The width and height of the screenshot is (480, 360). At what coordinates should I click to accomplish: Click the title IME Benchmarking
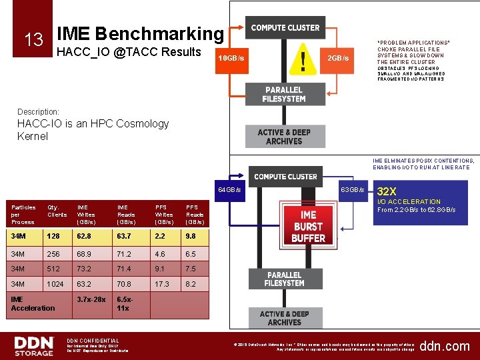141,33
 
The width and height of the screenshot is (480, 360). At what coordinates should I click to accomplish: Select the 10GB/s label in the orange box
231,59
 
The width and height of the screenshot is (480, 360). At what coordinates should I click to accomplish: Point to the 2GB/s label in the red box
338,59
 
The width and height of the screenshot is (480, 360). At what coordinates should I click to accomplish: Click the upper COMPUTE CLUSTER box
285,28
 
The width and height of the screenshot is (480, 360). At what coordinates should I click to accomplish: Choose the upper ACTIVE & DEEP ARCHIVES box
284,137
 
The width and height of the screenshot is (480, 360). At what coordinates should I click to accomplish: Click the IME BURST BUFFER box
308,226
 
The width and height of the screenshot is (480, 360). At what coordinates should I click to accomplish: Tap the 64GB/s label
230,191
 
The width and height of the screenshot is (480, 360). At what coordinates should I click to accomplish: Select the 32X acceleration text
387,191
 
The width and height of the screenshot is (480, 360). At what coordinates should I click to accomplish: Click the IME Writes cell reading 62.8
84,235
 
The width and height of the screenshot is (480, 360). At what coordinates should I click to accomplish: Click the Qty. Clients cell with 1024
55,283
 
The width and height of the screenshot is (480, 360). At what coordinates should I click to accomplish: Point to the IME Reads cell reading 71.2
125,254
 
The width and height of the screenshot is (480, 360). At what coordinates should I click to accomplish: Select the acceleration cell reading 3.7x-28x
91,299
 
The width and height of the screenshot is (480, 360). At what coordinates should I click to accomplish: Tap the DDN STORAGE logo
34,346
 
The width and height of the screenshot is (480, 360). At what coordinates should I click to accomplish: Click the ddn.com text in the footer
445,346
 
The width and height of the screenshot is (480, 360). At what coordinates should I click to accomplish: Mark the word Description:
38,111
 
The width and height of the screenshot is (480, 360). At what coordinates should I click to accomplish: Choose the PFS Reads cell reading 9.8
191,235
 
